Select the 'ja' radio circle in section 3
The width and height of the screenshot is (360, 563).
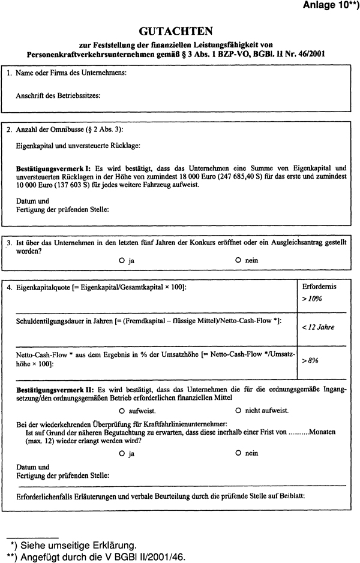click(122, 261)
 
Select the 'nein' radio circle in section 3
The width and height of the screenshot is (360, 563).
click(238, 261)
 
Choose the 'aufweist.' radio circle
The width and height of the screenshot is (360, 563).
click(122, 411)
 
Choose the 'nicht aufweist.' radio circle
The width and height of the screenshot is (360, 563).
click(238, 411)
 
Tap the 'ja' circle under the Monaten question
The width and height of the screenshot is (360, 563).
click(122, 453)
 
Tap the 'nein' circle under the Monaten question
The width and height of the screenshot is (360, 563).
click(238, 453)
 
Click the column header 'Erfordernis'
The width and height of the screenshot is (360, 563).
click(320, 287)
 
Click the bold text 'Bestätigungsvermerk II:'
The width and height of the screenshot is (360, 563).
click(56, 389)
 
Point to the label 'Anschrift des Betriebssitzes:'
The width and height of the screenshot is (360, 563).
click(58, 95)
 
